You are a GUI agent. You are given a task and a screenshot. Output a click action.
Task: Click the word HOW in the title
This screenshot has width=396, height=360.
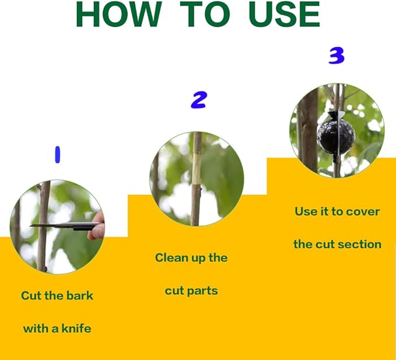(x=119, y=15)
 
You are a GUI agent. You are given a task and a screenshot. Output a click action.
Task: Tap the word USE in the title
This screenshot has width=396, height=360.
(x=285, y=15)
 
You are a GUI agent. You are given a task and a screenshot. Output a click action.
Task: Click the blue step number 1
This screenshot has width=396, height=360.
(x=58, y=154)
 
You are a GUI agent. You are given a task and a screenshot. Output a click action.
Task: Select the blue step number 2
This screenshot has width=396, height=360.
(x=199, y=100)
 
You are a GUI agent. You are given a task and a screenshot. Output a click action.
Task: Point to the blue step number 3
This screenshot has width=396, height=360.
(x=337, y=56)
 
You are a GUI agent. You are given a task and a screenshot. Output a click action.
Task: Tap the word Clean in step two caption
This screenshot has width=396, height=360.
(x=170, y=258)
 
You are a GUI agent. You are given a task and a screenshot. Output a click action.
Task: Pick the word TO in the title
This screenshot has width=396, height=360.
(x=205, y=15)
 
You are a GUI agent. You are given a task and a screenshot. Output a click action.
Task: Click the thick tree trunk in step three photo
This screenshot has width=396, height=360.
(x=309, y=131)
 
